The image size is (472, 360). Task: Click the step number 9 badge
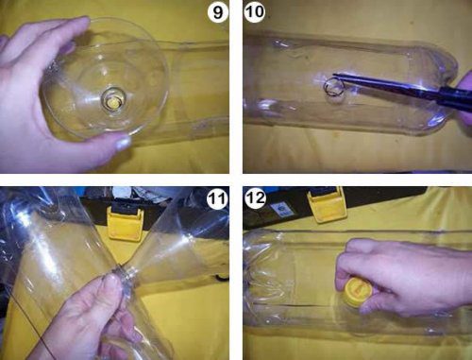pos(217,12)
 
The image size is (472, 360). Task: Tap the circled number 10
pos(255,12)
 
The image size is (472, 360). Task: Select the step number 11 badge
pos(217,198)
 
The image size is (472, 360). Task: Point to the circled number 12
pos(255,198)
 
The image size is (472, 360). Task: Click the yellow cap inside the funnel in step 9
pos(112,103)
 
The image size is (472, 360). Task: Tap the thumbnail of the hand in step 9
pos(122,143)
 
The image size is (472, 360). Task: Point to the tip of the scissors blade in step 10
pos(334,75)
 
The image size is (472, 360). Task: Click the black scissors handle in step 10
pos(453,95)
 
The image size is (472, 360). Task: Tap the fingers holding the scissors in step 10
pos(465,97)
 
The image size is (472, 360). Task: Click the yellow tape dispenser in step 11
pos(126,223)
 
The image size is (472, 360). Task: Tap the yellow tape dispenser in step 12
pos(328,204)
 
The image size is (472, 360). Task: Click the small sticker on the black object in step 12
pos(282,210)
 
